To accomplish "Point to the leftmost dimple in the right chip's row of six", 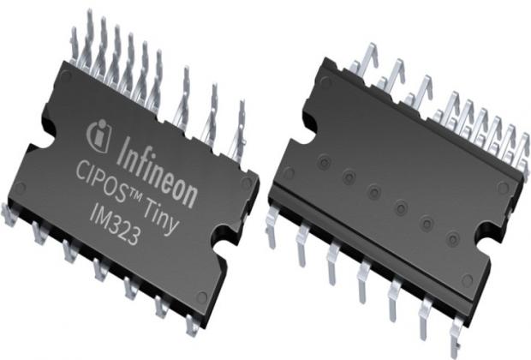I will [324, 160].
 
